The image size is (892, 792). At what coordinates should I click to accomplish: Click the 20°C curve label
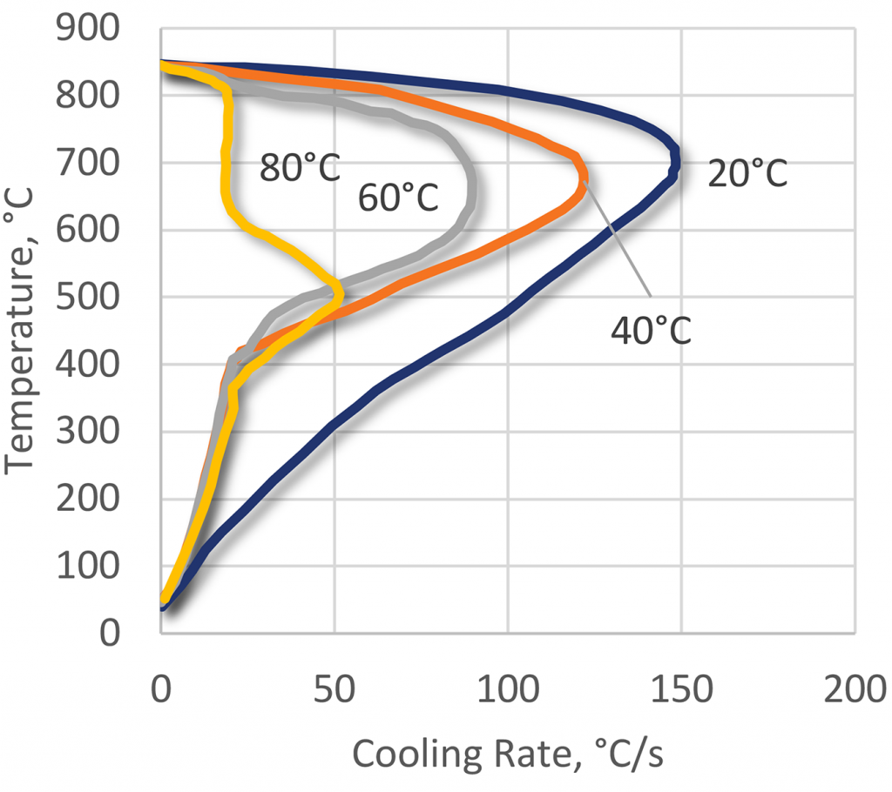(x=747, y=173)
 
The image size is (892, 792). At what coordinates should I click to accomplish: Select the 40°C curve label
(x=651, y=332)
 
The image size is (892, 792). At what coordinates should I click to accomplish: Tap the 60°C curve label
(x=398, y=199)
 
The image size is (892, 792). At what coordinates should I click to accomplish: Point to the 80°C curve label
(x=299, y=168)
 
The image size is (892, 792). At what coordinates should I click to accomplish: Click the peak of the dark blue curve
(x=676, y=160)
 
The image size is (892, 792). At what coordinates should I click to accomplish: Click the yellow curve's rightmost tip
(x=339, y=294)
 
